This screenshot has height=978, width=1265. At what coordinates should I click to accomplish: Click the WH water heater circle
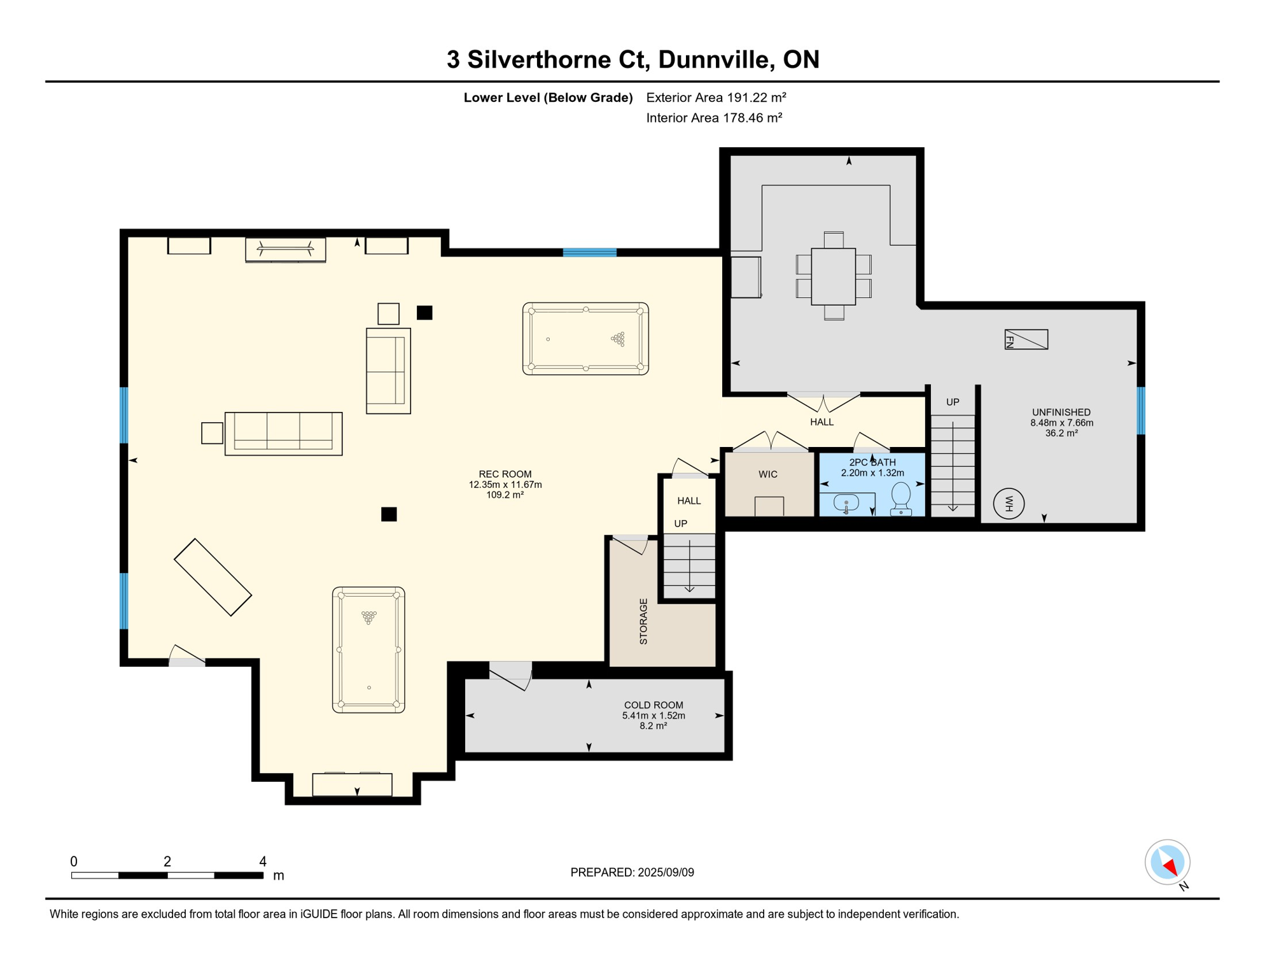pyautogui.click(x=1009, y=504)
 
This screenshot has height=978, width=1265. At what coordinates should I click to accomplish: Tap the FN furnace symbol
pyautogui.click(x=1026, y=339)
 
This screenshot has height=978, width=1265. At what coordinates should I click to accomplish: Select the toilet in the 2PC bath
pyautogui.click(x=901, y=499)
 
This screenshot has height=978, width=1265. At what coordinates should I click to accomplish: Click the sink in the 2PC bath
pyautogui.click(x=846, y=503)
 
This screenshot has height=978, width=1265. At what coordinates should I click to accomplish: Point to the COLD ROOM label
pyautogui.click(x=653, y=705)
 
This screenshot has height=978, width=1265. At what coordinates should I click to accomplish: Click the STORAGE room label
pyautogui.click(x=643, y=621)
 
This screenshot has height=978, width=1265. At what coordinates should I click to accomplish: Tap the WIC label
pyautogui.click(x=768, y=474)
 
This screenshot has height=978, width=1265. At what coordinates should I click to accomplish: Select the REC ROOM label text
pyautogui.click(x=505, y=474)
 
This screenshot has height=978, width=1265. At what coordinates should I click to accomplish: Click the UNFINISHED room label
pyautogui.click(x=1061, y=412)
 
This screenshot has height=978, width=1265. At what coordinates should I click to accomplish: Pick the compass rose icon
pyautogui.click(x=1168, y=863)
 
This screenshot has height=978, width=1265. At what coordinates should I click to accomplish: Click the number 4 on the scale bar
pyautogui.click(x=263, y=861)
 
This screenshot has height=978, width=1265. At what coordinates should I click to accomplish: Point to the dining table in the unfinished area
pyautogui.click(x=834, y=276)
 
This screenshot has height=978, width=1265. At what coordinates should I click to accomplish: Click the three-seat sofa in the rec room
pyautogui.click(x=284, y=434)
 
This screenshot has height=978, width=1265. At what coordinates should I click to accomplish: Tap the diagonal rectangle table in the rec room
pyautogui.click(x=213, y=578)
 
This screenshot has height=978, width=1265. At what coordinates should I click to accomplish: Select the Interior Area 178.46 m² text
pyautogui.click(x=714, y=118)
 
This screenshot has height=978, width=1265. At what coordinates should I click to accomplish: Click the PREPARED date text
pyautogui.click(x=632, y=872)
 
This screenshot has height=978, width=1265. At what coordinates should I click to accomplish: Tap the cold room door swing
pyautogui.click(x=510, y=676)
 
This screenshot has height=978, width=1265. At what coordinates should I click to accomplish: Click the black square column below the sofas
pyautogui.click(x=389, y=514)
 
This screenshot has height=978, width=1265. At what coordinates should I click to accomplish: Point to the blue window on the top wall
pyautogui.click(x=590, y=253)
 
